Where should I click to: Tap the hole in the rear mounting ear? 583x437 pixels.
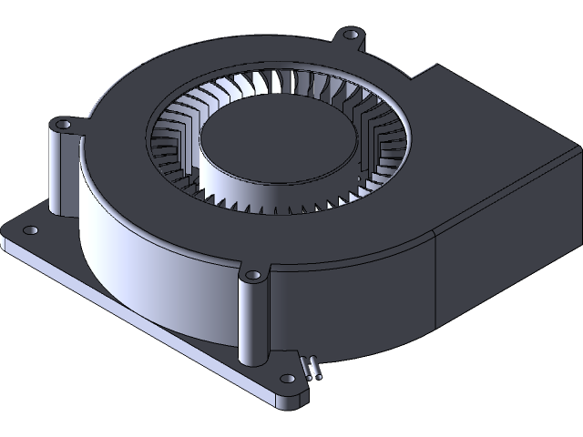[x=351, y=36]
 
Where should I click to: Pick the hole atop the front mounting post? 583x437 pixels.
[x=252, y=274]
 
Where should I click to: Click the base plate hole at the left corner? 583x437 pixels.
[x=30, y=230]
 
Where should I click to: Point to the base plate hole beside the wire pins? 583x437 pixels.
[x=288, y=378]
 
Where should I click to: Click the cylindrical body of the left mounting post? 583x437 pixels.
[x=60, y=173]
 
